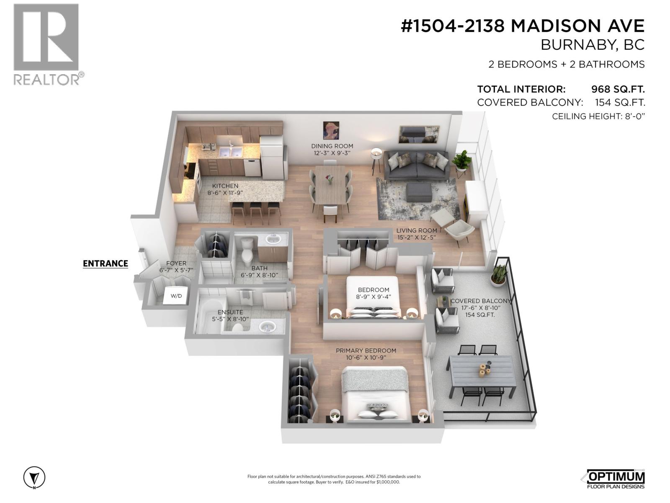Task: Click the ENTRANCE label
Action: (105, 263)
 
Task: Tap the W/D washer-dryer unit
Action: (176, 296)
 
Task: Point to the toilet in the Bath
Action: (247, 249)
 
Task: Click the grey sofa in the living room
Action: (416, 166)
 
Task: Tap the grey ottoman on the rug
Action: (419, 192)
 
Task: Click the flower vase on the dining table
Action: (330, 179)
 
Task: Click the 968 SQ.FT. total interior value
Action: (618, 89)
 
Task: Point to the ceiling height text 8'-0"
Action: (633, 117)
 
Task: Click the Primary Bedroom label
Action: (366, 350)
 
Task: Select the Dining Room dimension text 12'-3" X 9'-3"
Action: (332, 153)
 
